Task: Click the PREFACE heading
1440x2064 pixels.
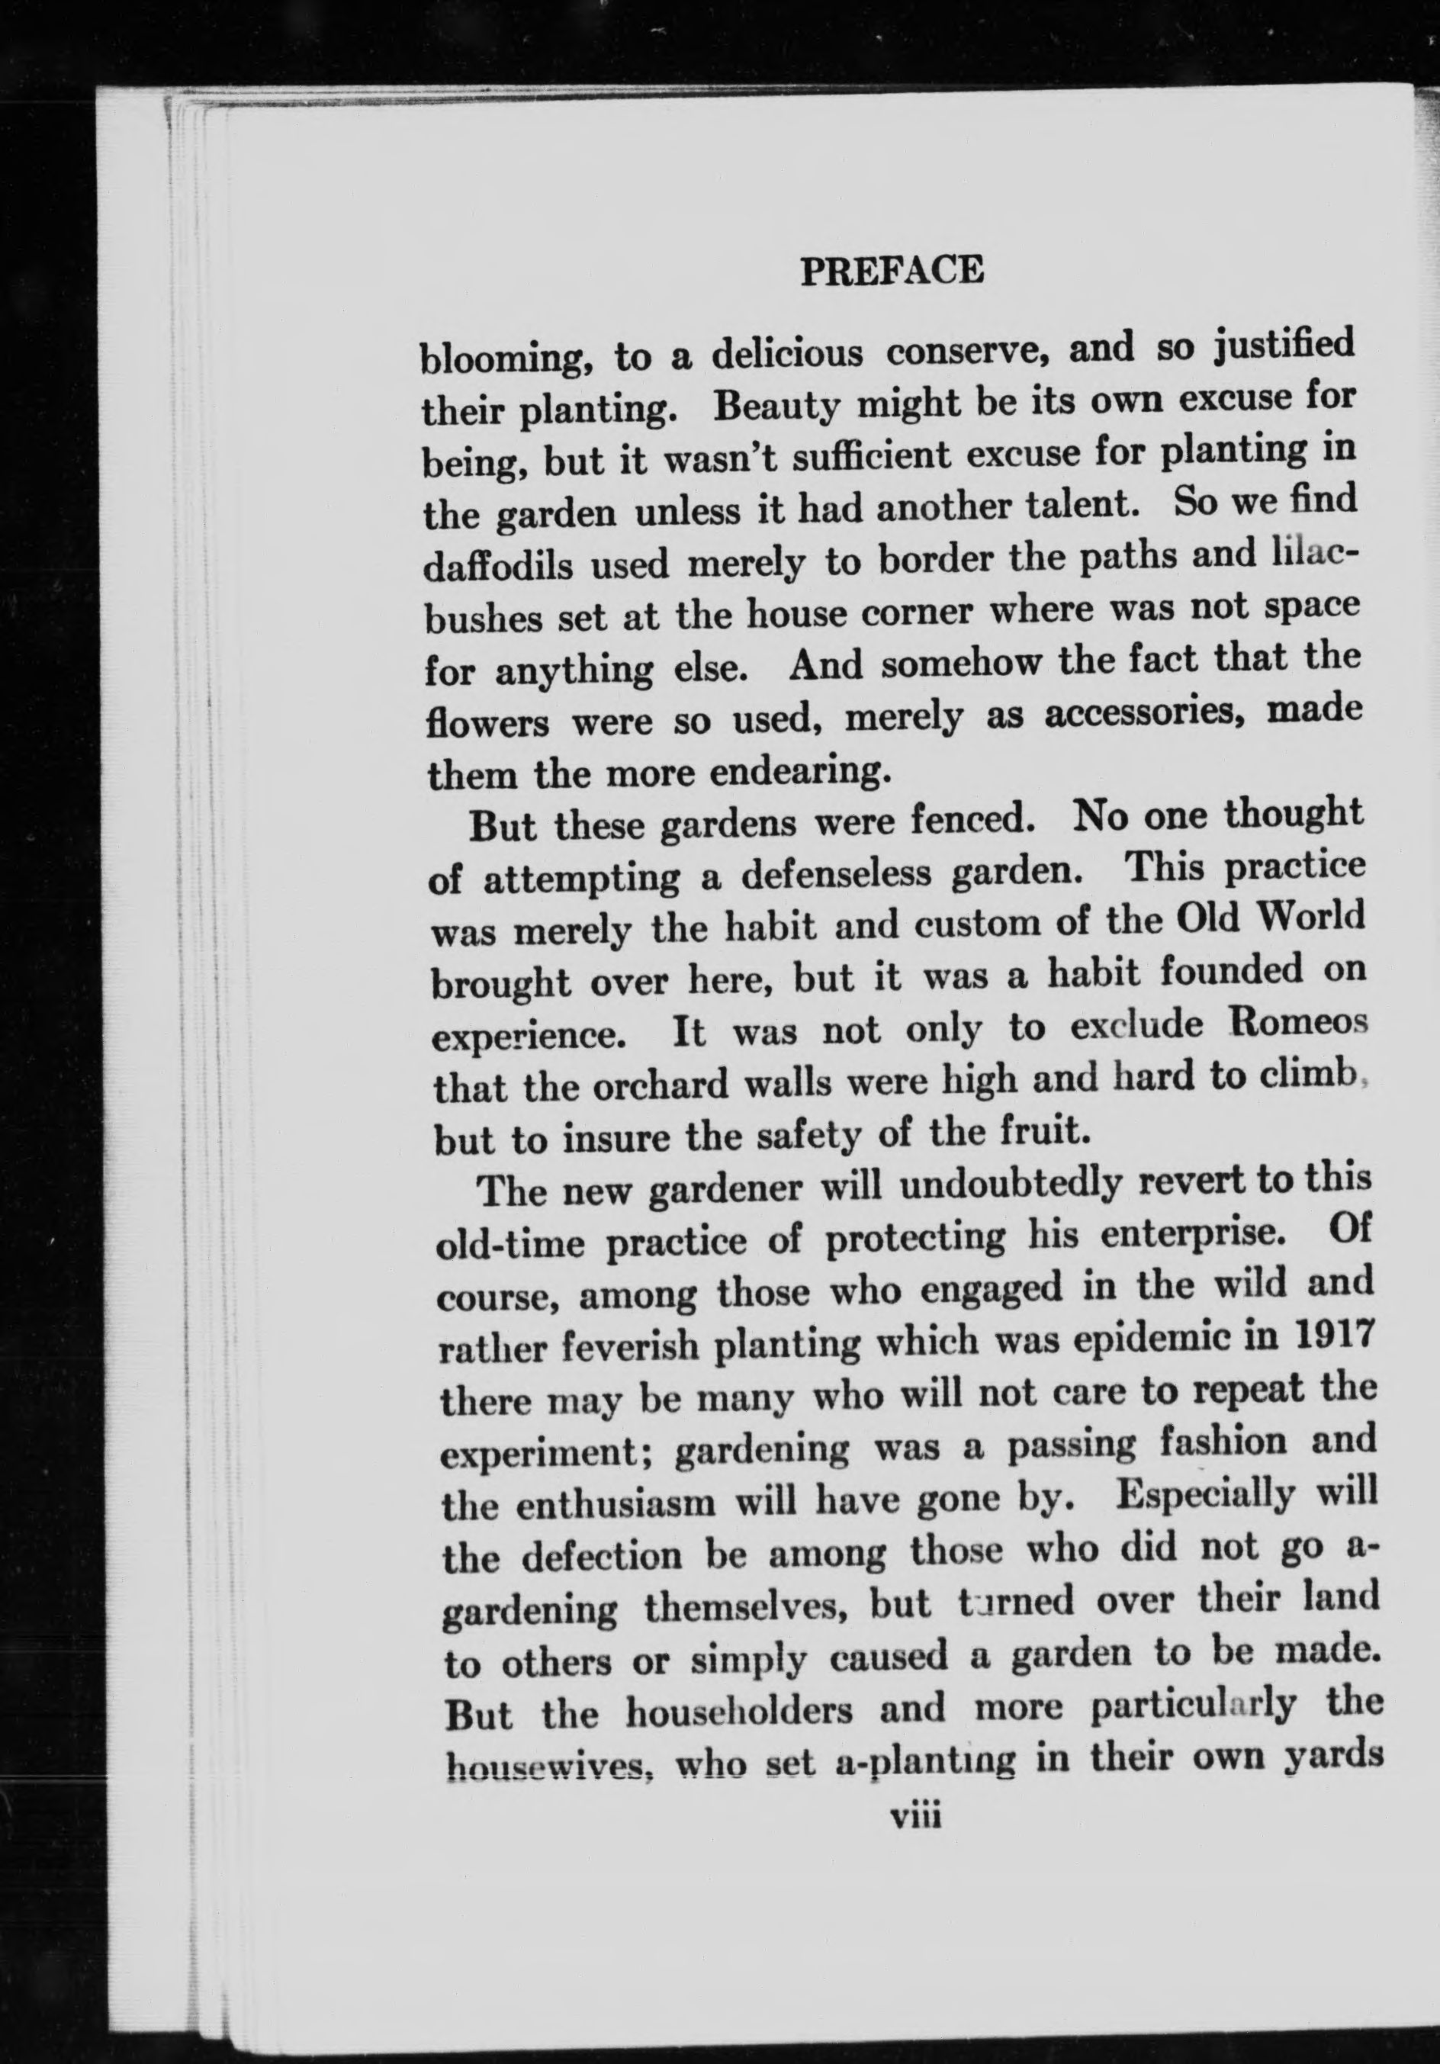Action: [892, 270]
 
